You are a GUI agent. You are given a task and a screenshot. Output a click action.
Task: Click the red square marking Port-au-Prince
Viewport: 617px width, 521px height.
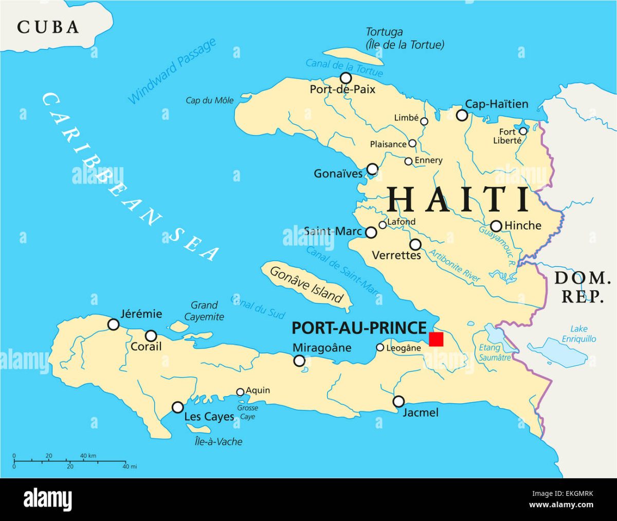pyautogui.click(x=436, y=339)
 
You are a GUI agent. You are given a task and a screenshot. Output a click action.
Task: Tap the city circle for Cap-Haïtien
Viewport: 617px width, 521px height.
pyautogui.click(x=462, y=115)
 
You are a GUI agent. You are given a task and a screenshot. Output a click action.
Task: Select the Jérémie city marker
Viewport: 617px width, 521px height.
pyautogui.click(x=114, y=325)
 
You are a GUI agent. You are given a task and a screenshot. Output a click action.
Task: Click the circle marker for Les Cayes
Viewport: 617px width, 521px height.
pyautogui.click(x=177, y=407)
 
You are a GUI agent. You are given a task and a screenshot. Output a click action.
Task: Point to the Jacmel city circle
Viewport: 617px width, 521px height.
pyautogui.click(x=398, y=401)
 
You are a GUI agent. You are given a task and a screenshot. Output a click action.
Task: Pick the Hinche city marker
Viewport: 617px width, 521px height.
pyautogui.click(x=496, y=226)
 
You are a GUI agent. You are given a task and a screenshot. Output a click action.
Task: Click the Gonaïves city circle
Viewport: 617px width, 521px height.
pyautogui.click(x=372, y=169)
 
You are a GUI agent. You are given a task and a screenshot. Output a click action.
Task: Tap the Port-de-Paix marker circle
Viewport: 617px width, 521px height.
pyautogui.click(x=346, y=78)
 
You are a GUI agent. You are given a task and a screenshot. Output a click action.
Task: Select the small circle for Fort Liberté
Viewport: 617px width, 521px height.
pyautogui.click(x=523, y=131)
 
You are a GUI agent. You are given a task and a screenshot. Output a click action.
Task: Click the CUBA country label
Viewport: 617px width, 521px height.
pyautogui.click(x=48, y=27)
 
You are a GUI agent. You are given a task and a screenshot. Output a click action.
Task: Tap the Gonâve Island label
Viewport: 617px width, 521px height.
pyautogui.click(x=306, y=284)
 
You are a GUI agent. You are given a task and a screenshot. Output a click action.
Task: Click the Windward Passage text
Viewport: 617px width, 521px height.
pyautogui.click(x=172, y=71)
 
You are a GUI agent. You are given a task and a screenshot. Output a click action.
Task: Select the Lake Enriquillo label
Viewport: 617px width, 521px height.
pyautogui.click(x=579, y=334)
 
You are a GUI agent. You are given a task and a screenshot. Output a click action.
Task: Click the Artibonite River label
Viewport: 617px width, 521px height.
pyautogui.click(x=455, y=265)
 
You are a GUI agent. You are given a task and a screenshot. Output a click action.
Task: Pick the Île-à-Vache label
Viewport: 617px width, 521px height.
pyautogui.click(x=219, y=441)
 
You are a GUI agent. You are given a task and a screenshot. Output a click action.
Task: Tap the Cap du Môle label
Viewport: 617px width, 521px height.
pyautogui.click(x=209, y=100)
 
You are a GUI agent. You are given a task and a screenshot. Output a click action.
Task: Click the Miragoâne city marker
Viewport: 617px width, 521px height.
pyautogui.click(x=299, y=361)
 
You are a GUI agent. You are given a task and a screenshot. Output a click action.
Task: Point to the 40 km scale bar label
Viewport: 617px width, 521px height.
pyautogui.click(x=88, y=456)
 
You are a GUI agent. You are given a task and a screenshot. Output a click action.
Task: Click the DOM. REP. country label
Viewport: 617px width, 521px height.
pyautogui.click(x=582, y=287)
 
